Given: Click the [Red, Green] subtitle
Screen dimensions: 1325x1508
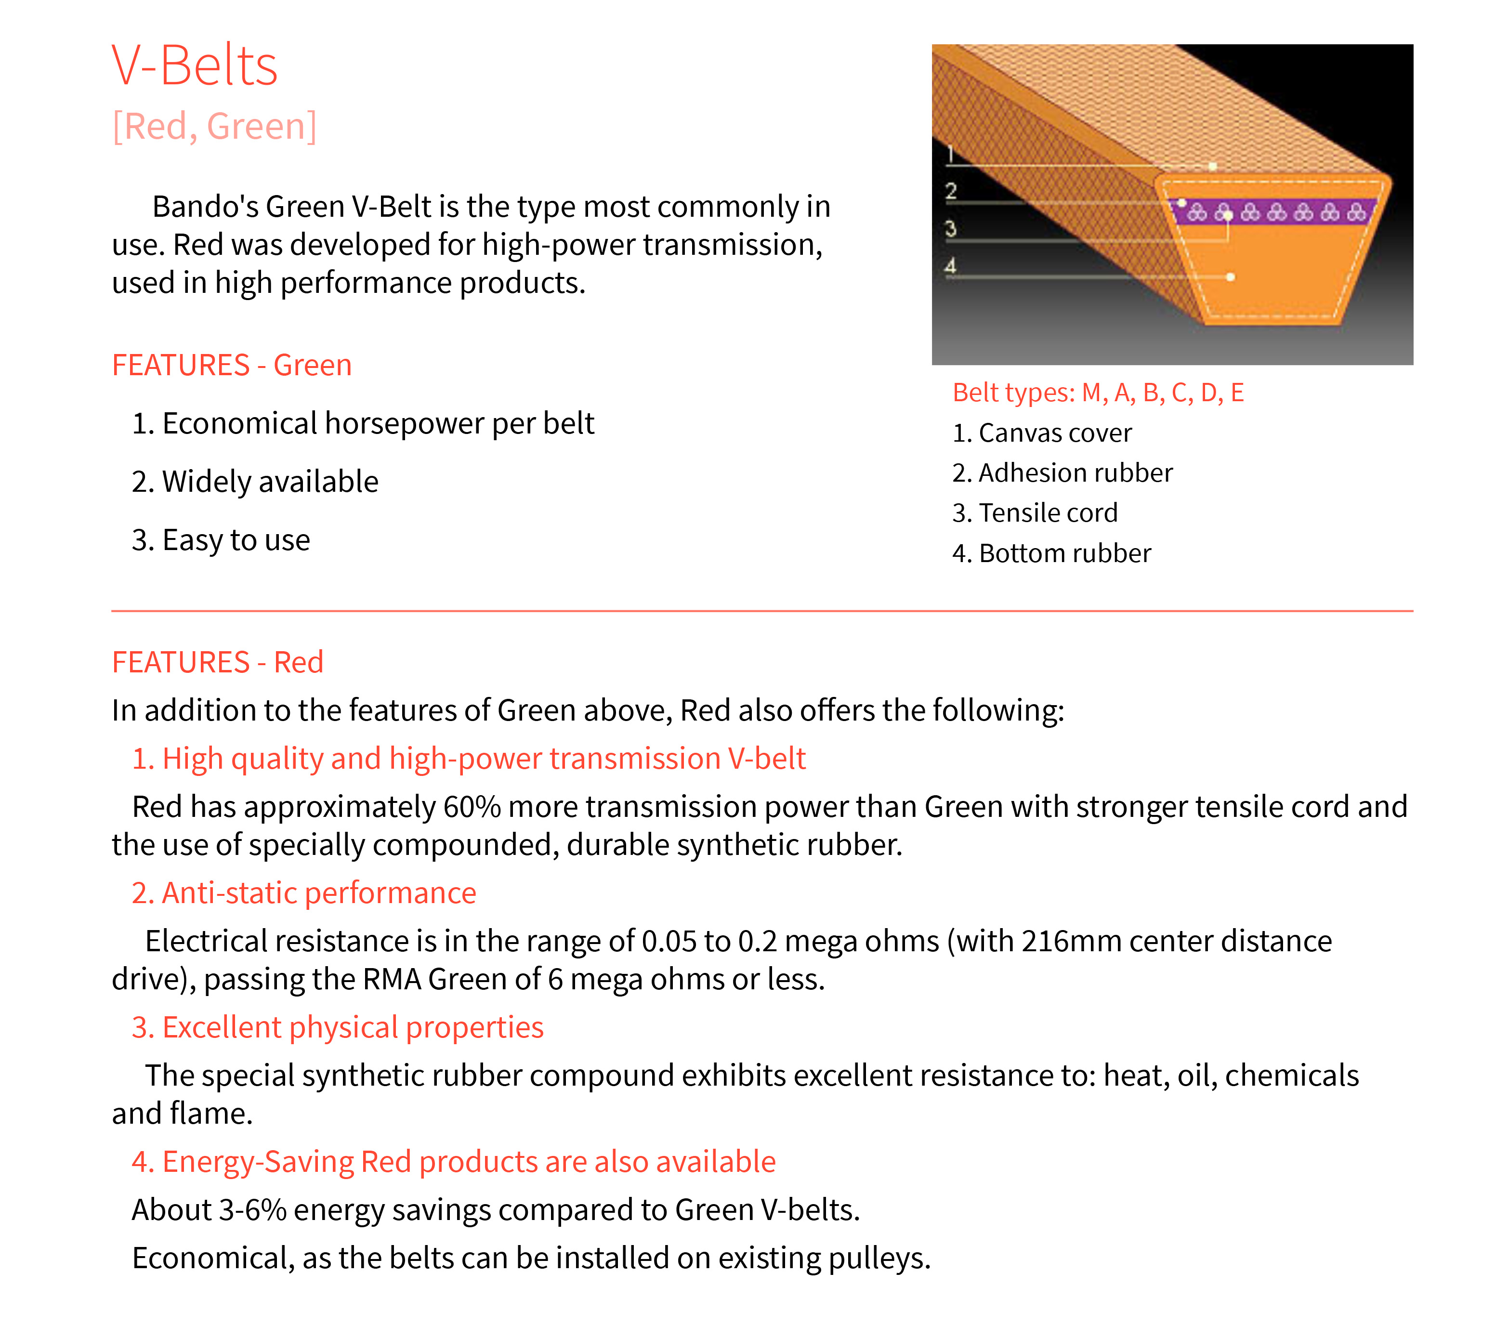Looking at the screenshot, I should click(214, 126).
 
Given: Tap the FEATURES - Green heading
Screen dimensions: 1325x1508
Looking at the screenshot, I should click(232, 365).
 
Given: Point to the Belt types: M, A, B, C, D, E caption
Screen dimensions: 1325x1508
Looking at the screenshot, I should click(1098, 393).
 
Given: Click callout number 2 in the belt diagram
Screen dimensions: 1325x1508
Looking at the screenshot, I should click(951, 192).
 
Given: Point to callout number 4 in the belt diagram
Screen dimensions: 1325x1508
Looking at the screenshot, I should click(951, 265).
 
